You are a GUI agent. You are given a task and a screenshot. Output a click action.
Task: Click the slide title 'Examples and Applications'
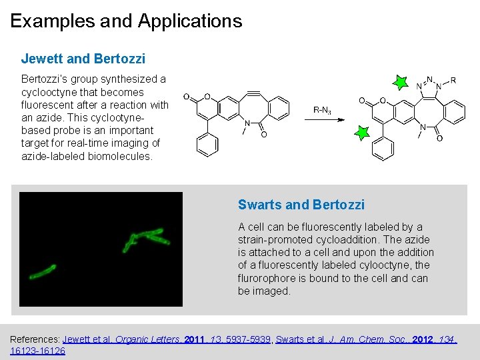[x=126, y=21]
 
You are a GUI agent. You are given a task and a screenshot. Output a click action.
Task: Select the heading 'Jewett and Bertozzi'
[x=83, y=59]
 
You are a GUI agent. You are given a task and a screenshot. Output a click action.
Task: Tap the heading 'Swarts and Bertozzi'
[x=301, y=205]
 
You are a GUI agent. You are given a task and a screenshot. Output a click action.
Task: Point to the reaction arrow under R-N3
[x=325, y=120]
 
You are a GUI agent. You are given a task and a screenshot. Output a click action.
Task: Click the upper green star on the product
[x=400, y=83]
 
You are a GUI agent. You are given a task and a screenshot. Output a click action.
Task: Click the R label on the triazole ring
[x=453, y=81]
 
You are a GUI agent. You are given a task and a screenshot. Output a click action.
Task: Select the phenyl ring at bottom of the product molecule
[x=383, y=149]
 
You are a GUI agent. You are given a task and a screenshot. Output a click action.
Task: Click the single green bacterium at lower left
[x=42, y=271]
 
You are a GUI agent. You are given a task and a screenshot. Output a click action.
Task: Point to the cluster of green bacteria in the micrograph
[x=145, y=238]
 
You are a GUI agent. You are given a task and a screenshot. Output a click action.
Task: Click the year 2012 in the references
[x=424, y=339]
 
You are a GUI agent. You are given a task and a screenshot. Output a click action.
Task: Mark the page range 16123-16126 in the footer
[x=38, y=351]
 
